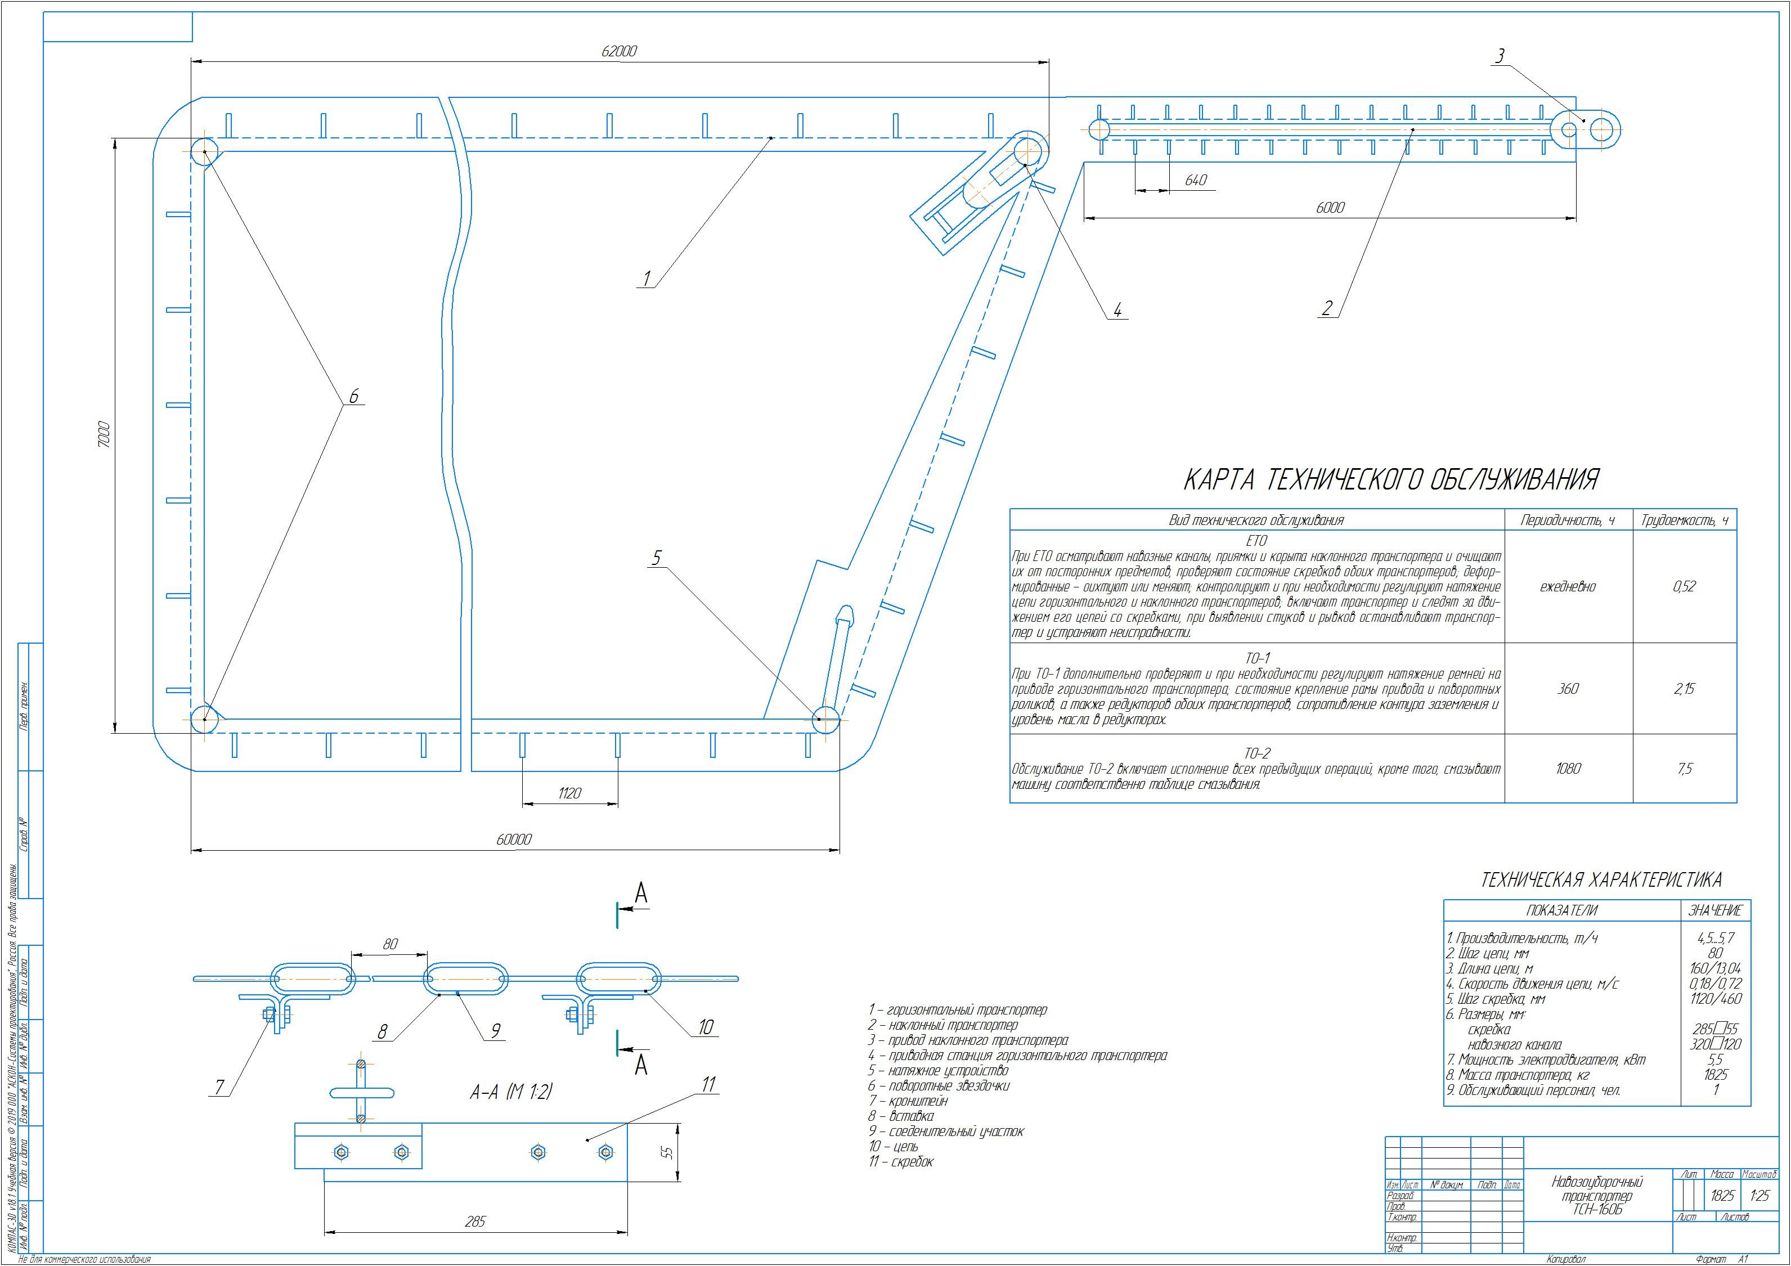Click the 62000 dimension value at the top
click(620, 51)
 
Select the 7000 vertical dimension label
click(105, 434)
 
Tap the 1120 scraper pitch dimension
click(569, 793)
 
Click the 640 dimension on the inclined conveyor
click(1195, 180)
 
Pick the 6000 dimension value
click(1330, 208)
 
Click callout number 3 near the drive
click(1500, 56)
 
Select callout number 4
click(1117, 311)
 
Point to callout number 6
click(353, 397)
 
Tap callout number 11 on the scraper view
click(708, 1085)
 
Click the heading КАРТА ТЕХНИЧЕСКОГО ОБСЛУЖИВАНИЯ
click(1391, 480)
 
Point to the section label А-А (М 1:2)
click(511, 1093)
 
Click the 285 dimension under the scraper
click(474, 1222)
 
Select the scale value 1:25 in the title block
click(1760, 1196)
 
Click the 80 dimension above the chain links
click(390, 944)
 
